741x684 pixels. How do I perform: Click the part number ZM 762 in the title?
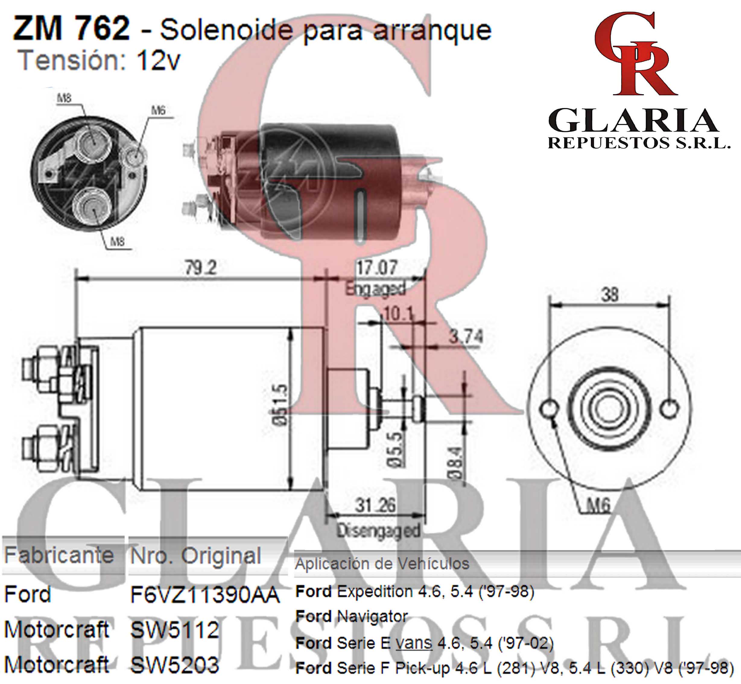point(71,29)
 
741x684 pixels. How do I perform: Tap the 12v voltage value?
point(158,61)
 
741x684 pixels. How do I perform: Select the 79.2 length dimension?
point(201,268)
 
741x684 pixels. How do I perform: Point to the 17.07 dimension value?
point(376,267)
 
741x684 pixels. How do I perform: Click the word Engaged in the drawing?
point(375,289)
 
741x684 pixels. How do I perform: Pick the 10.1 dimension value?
point(399,314)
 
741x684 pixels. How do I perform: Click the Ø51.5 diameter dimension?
point(280,405)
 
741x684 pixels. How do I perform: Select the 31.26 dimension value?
point(375,505)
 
